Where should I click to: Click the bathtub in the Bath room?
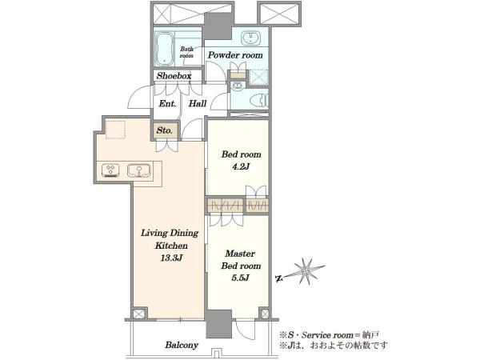pyautogui.click(x=165, y=49)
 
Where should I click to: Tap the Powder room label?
pyautogui.click(x=235, y=55)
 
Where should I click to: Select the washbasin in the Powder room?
pyautogui.click(x=250, y=38)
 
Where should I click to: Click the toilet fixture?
pyautogui.click(x=258, y=100)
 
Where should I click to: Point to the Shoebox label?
pyautogui.click(x=174, y=76)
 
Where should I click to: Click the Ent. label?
pyautogui.click(x=167, y=104)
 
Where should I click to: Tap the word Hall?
pyautogui.click(x=198, y=103)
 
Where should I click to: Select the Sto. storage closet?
pyautogui.click(x=165, y=130)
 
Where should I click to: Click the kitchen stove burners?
pyautogui.click(x=110, y=171)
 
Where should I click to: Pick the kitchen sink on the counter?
pyautogui.click(x=139, y=171)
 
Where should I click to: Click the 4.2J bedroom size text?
pyautogui.click(x=241, y=167)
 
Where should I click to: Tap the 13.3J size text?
pyautogui.click(x=171, y=258)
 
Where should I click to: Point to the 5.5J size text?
pyautogui.click(x=240, y=278)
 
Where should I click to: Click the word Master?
pyautogui.click(x=240, y=254)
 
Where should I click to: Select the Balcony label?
pyautogui.click(x=182, y=346)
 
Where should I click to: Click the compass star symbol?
pyautogui.click(x=306, y=271)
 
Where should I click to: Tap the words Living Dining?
pyautogui.click(x=170, y=234)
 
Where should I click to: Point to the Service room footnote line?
pyautogui.click(x=330, y=335)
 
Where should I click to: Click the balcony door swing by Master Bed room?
pyautogui.click(x=245, y=330)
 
